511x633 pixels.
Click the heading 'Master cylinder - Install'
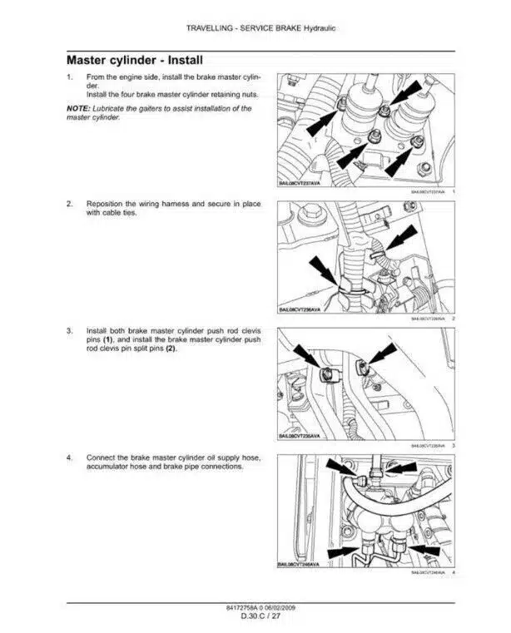(134, 61)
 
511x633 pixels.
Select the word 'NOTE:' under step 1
(78, 109)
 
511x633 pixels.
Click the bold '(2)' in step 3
(170, 349)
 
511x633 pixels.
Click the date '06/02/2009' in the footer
(283, 608)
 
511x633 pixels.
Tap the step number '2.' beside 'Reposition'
(69, 203)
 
